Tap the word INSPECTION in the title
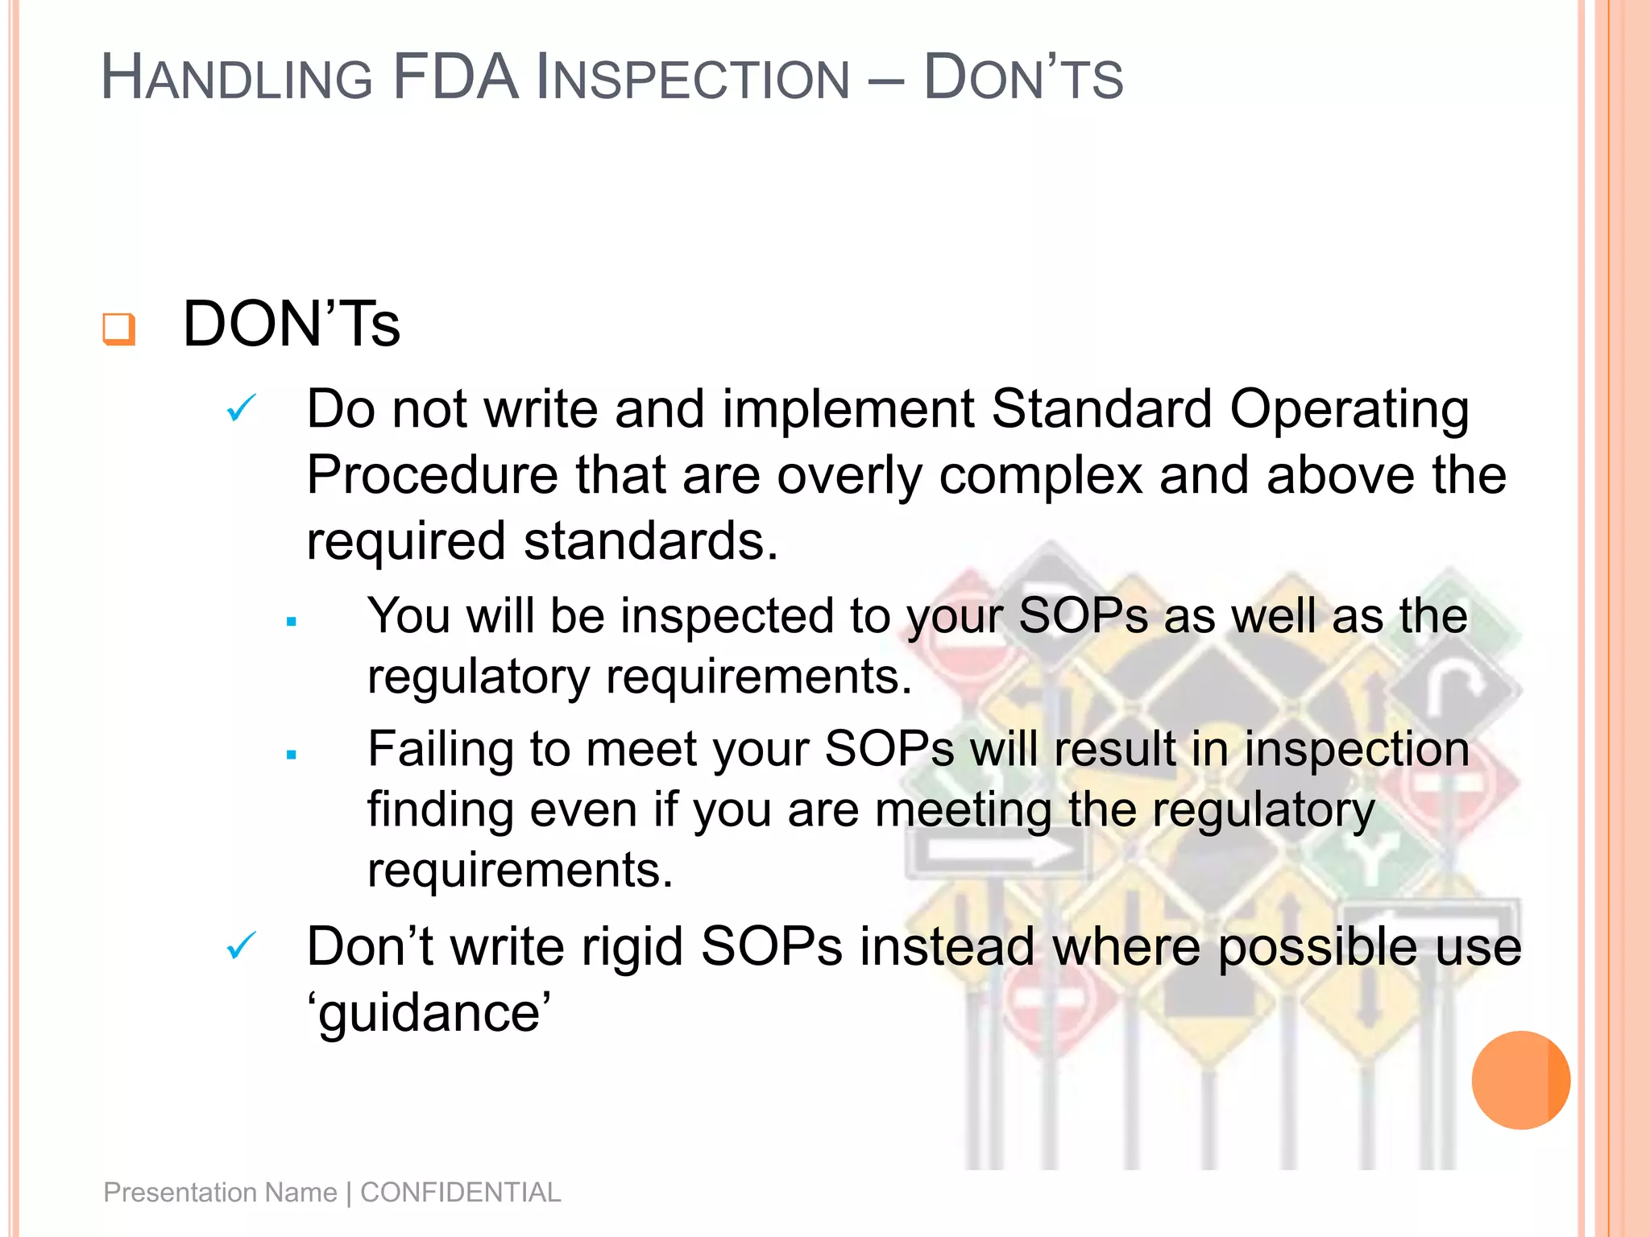[693, 80]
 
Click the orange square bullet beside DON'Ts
[118, 329]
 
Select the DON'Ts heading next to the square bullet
[291, 324]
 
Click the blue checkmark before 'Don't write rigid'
[241, 945]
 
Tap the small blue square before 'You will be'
[292, 622]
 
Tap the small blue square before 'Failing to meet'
[292, 755]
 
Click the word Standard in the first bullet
[1101, 408]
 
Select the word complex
[1040, 475]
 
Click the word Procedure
[432, 475]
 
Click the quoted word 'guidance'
[429, 1013]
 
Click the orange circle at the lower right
[1520, 1080]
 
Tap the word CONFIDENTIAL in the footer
[460, 1192]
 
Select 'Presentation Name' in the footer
[220, 1192]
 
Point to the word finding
[440, 811]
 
